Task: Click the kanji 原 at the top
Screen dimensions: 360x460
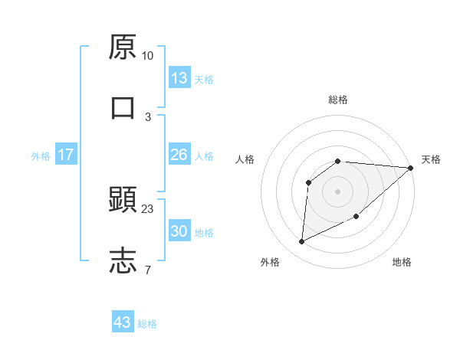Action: tap(123, 47)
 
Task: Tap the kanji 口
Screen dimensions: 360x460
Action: tap(123, 106)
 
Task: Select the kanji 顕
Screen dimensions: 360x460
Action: tap(123, 201)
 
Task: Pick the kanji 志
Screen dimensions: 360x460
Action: tap(123, 260)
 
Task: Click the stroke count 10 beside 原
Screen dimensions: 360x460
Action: tap(147, 56)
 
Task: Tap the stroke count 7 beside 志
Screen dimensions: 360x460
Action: tap(147, 269)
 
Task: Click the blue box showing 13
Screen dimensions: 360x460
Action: tap(179, 78)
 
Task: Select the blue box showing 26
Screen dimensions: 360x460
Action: tap(179, 155)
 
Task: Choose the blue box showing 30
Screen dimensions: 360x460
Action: tap(179, 231)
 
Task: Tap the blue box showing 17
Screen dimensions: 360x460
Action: tap(66, 155)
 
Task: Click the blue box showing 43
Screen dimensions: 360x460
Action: tap(123, 322)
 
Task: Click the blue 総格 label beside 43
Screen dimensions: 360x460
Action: tap(147, 324)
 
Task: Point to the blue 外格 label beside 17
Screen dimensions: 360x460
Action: tap(41, 156)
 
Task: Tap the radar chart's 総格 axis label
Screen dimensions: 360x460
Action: tap(338, 100)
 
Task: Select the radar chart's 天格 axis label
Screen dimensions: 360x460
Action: tap(431, 159)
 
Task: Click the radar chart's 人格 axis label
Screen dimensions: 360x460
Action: tap(245, 159)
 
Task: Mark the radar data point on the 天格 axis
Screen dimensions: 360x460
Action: tap(410, 168)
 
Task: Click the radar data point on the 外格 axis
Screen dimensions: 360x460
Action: tap(301, 242)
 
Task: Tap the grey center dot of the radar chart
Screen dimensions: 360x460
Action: tap(337, 191)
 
